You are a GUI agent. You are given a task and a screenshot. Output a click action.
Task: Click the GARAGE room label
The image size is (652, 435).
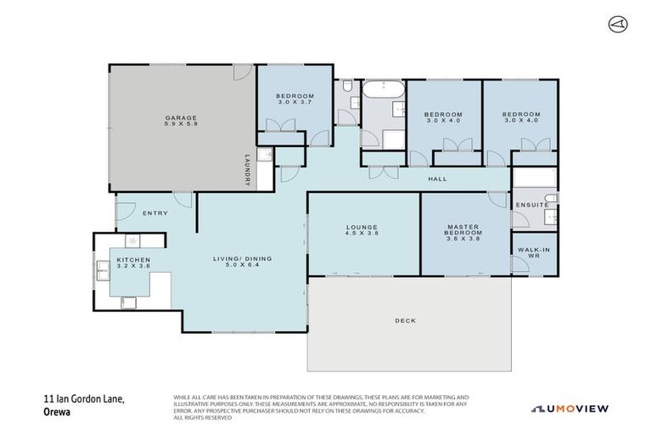coord(181,117)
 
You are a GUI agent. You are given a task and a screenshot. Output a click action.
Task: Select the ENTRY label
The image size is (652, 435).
coord(155,213)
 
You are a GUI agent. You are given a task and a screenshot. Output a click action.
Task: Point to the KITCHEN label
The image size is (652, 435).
coord(133,259)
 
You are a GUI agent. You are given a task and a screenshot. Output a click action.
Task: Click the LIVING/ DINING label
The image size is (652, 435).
coord(242,259)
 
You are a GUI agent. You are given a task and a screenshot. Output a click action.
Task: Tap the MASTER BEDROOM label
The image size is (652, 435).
coord(464,230)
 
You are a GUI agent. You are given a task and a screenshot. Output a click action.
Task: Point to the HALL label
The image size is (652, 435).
coord(437,178)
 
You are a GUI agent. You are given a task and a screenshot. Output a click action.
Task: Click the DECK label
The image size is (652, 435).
coord(407,320)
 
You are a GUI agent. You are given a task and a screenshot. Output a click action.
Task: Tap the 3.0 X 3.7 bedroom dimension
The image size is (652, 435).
coord(295,103)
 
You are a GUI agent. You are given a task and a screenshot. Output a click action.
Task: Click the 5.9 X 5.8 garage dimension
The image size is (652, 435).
coord(181,124)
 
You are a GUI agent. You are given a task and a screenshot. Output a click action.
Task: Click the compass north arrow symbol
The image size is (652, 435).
coord(617,24)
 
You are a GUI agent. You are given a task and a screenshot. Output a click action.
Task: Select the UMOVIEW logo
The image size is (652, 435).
coord(570,409)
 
